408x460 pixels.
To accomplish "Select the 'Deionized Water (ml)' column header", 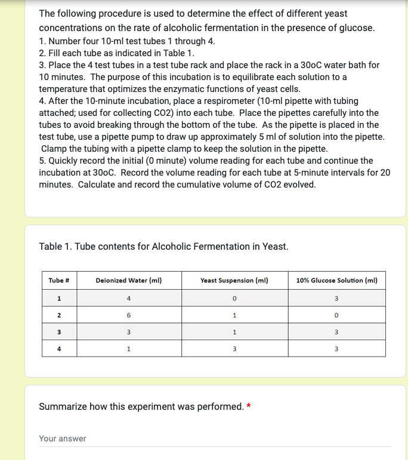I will (129, 280).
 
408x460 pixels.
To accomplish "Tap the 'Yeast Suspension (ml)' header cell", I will (234, 280).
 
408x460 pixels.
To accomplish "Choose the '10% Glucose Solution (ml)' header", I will (336, 280).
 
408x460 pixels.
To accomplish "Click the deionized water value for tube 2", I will (129, 315).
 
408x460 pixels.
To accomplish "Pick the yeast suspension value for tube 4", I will (234, 348).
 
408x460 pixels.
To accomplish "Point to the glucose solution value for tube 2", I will (336, 315).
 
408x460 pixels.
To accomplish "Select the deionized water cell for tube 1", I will (129, 298).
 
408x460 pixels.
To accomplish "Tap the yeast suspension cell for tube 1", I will (234, 298).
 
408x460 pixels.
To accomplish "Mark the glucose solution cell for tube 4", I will (336, 348).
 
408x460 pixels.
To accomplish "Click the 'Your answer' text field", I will (215, 439).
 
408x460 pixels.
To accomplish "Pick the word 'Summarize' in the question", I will (63, 407).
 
